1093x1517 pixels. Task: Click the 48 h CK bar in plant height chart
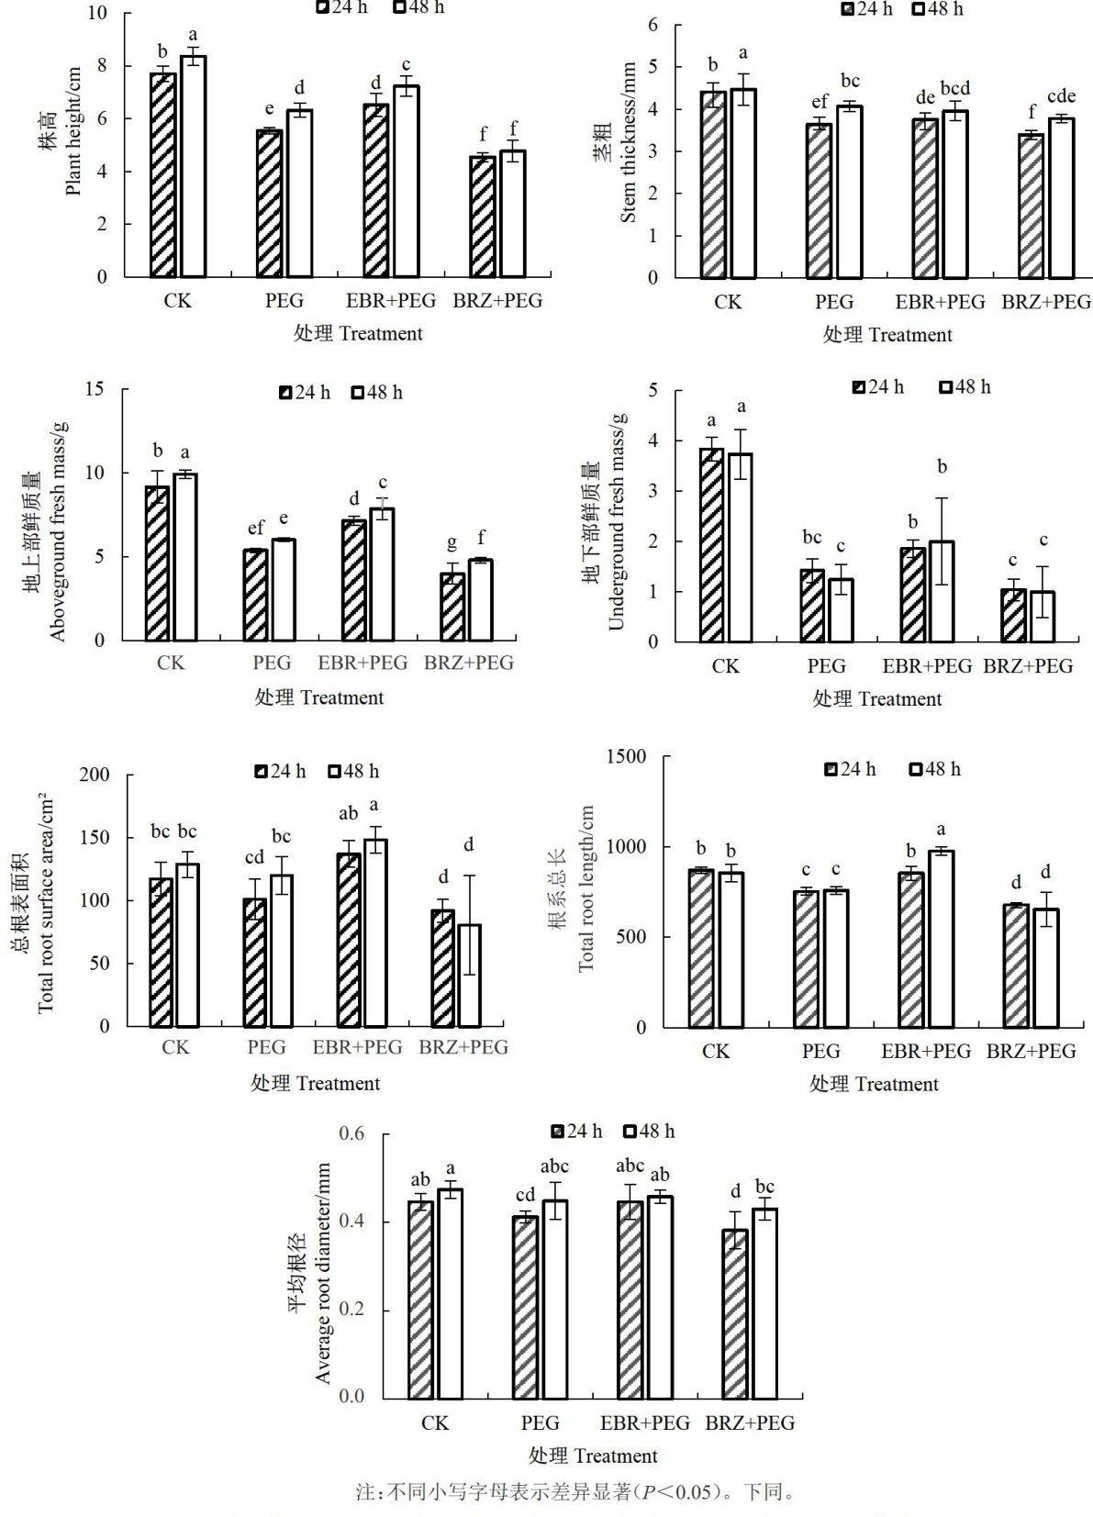pos(193,166)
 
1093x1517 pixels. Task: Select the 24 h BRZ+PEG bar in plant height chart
pos(483,217)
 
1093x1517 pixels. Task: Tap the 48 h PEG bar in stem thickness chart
pos(849,192)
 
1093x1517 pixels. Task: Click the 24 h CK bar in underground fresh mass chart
pos(711,545)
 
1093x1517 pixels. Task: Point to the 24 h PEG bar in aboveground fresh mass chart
pos(255,595)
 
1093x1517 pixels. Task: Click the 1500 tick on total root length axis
pos(628,756)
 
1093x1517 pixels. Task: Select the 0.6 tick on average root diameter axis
pos(351,1133)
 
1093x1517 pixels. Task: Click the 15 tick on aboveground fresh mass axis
pos(95,389)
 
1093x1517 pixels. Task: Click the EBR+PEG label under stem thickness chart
pos(940,302)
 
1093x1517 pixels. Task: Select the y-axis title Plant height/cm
pos(73,130)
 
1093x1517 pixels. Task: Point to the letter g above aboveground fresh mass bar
pos(452,544)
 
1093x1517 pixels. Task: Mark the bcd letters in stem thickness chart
pos(955,88)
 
